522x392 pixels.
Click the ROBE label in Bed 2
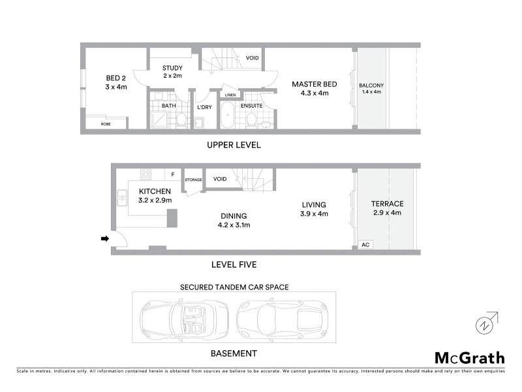click(105, 123)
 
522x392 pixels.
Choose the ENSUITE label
click(251, 105)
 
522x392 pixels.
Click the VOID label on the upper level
click(252, 58)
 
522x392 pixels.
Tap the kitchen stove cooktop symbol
click(146, 174)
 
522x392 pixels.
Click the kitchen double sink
click(122, 198)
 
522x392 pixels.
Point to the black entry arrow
click(104, 239)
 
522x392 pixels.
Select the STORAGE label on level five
click(194, 179)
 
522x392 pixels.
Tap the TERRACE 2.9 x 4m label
click(388, 208)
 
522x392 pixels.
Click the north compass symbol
click(484, 323)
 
